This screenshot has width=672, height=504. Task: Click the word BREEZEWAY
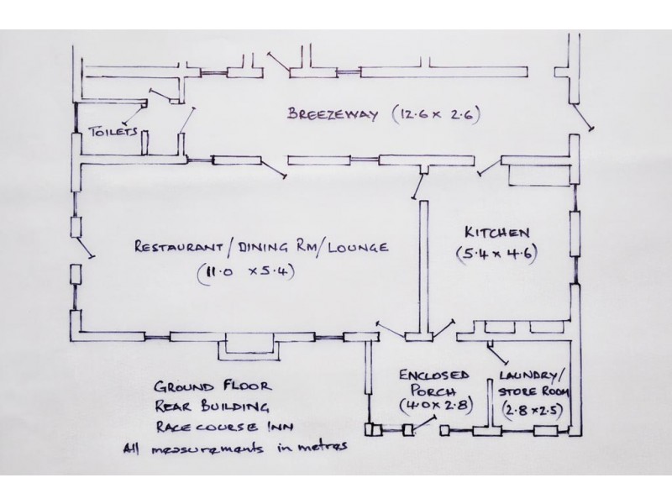[x=333, y=114]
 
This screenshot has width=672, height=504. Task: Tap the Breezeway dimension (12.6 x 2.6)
[x=435, y=114]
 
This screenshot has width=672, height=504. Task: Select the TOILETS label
[x=113, y=131]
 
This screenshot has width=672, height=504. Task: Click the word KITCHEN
[x=497, y=233]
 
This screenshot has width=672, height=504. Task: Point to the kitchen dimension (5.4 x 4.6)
[x=496, y=254]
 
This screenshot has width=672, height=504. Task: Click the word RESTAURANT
[x=179, y=247]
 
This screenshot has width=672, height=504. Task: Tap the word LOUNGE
[x=358, y=247]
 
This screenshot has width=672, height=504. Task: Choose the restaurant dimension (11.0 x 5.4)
[x=246, y=272]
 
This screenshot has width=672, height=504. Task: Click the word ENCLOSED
[x=433, y=375]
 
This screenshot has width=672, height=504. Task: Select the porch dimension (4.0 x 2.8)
[x=435, y=405]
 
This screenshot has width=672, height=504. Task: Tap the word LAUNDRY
[x=529, y=375]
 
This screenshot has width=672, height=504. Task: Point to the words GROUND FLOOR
[x=213, y=386]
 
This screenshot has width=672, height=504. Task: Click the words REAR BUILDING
[x=213, y=407]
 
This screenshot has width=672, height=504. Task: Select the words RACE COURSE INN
[x=224, y=427]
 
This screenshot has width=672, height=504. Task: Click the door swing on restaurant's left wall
[x=85, y=247]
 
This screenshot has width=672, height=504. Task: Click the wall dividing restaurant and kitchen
[x=424, y=265]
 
